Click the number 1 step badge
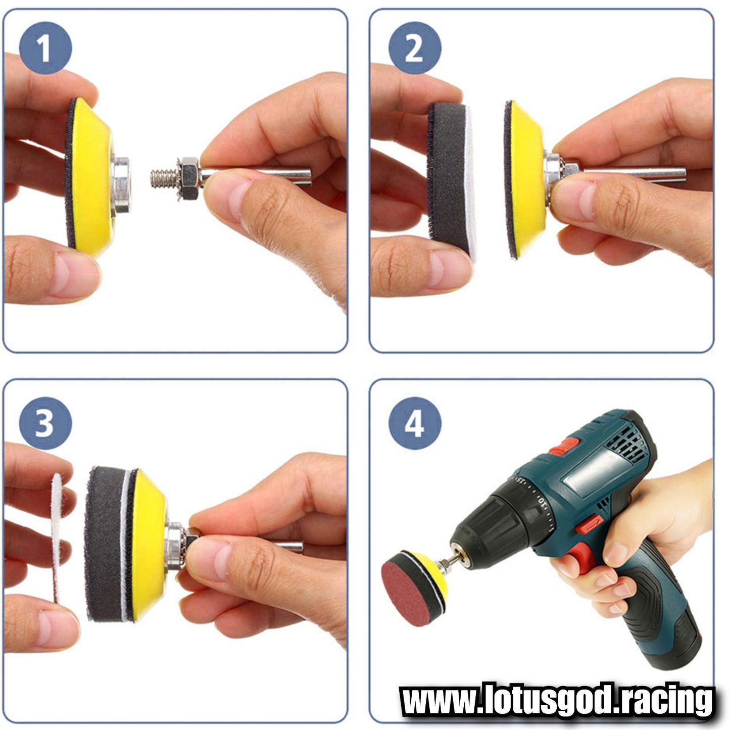tap(45, 47)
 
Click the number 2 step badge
tap(415, 47)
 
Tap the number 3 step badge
tap(45, 423)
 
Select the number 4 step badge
tap(415, 423)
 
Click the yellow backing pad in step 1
tap(93, 178)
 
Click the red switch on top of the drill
tap(564, 447)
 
